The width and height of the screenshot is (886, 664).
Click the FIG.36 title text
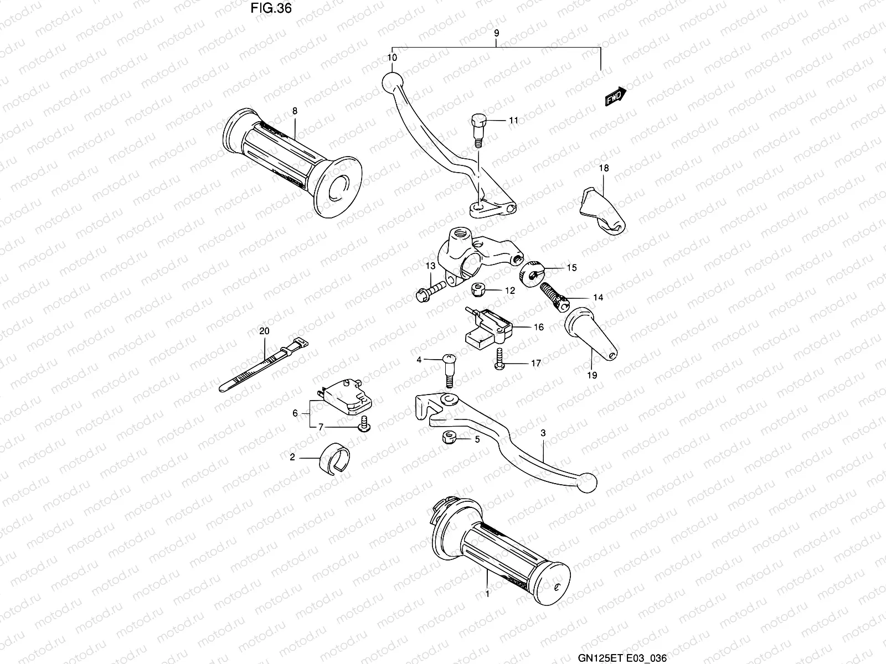coord(271,8)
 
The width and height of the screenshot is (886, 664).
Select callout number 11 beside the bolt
coord(513,120)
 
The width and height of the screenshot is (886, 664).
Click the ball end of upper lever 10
coord(391,81)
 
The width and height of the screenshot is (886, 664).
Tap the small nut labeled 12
coord(477,289)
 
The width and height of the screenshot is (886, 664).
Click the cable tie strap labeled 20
coord(264,366)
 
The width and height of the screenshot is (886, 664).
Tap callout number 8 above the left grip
coord(295,111)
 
